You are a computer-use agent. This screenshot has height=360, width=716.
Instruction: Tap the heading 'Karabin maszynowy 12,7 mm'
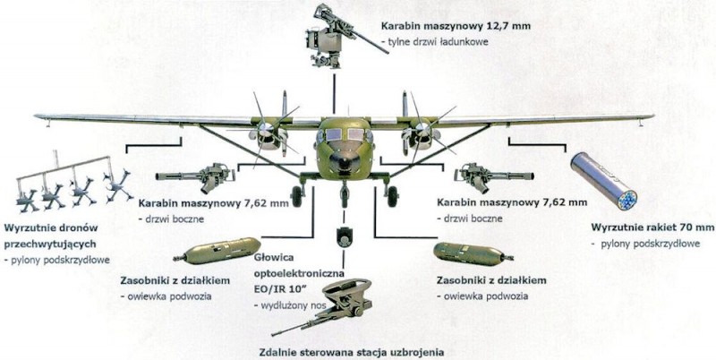[456, 26]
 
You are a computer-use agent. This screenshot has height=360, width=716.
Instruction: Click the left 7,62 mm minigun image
[195, 176]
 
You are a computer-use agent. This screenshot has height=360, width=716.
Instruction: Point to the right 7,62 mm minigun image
[494, 176]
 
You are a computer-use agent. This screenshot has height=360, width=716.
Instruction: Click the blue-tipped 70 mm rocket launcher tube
[603, 181]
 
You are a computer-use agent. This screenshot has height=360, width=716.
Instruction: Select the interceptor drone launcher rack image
[74, 183]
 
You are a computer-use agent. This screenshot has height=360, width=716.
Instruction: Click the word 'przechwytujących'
[50, 244]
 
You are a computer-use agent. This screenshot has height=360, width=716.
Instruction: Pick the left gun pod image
[217, 251]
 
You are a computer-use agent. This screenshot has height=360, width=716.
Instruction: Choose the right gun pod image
[473, 254]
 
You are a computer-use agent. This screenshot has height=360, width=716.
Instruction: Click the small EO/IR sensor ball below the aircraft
[343, 237]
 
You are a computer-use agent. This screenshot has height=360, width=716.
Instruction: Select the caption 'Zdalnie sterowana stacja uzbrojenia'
[352, 353]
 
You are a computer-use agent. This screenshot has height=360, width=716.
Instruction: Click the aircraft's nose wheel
[344, 196]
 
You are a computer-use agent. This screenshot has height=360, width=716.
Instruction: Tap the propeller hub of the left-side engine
[265, 131]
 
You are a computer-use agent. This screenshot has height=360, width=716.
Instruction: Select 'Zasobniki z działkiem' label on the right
[491, 280]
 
